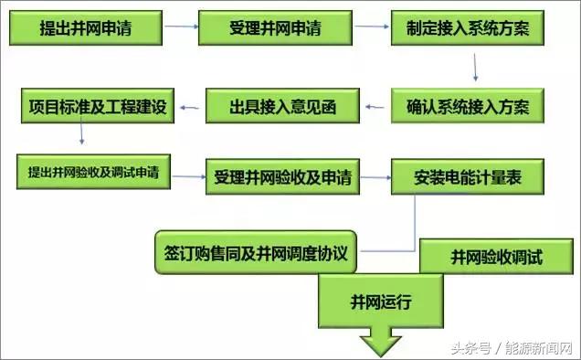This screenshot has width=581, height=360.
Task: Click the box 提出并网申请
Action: pos(86,29)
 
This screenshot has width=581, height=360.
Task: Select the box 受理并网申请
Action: pos(275,29)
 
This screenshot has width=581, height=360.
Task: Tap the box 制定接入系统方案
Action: pos(468,29)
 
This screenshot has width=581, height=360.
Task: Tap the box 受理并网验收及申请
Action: pos(283,175)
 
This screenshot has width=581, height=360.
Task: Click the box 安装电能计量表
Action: pos(470,175)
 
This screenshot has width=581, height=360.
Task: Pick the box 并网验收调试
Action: pos(496,258)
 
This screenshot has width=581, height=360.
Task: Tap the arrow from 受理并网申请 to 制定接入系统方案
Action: pos(369,28)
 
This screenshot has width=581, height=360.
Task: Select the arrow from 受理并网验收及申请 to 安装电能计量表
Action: pos(375,175)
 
